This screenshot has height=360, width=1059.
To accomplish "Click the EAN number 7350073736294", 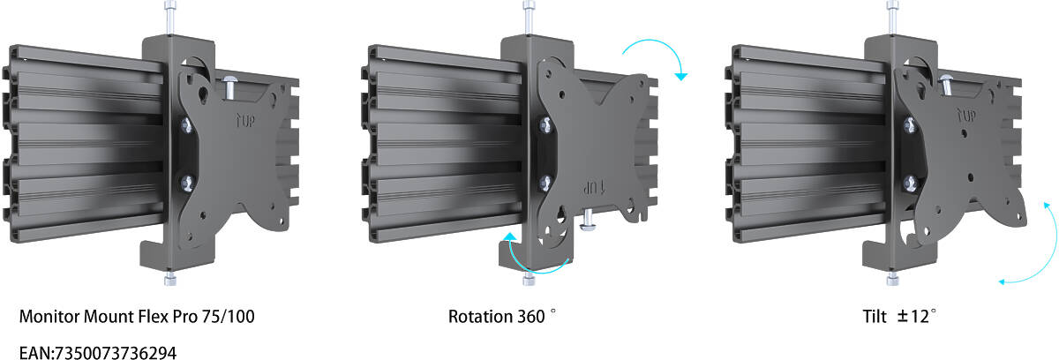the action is click(x=116, y=353).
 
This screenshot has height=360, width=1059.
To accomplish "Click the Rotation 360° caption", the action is click(x=502, y=316).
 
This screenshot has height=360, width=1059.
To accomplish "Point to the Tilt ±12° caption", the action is click(x=899, y=316).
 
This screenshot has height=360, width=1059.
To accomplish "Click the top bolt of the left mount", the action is click(x=170, y=17).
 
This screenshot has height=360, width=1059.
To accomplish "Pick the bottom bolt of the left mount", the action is click(x=170, y=278).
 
